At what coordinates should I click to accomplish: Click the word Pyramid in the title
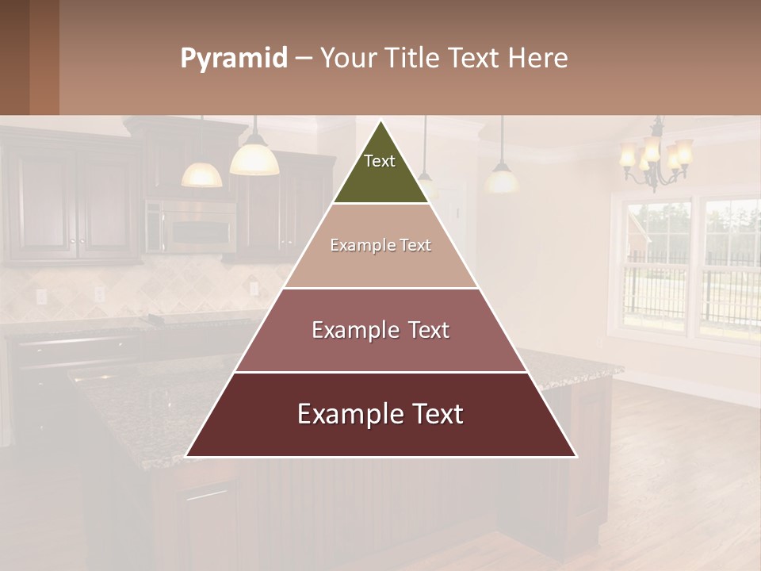[x=234, y=58]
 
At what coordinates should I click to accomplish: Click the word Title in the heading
[x=413, y=58]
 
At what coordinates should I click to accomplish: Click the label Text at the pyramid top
[x=380, y=161]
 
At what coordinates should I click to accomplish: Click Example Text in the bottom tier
[x=380, y=414]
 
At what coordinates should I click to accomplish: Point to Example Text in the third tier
[x=380, y=330]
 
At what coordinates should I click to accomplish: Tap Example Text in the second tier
[x=380, y=245]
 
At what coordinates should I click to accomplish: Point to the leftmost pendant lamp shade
[x=201, y=174]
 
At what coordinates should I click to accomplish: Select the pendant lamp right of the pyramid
[x=502, y=178]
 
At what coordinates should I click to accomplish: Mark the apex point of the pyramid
[x=381, y=121]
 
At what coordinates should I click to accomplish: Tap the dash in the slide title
[x=304, y=59]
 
